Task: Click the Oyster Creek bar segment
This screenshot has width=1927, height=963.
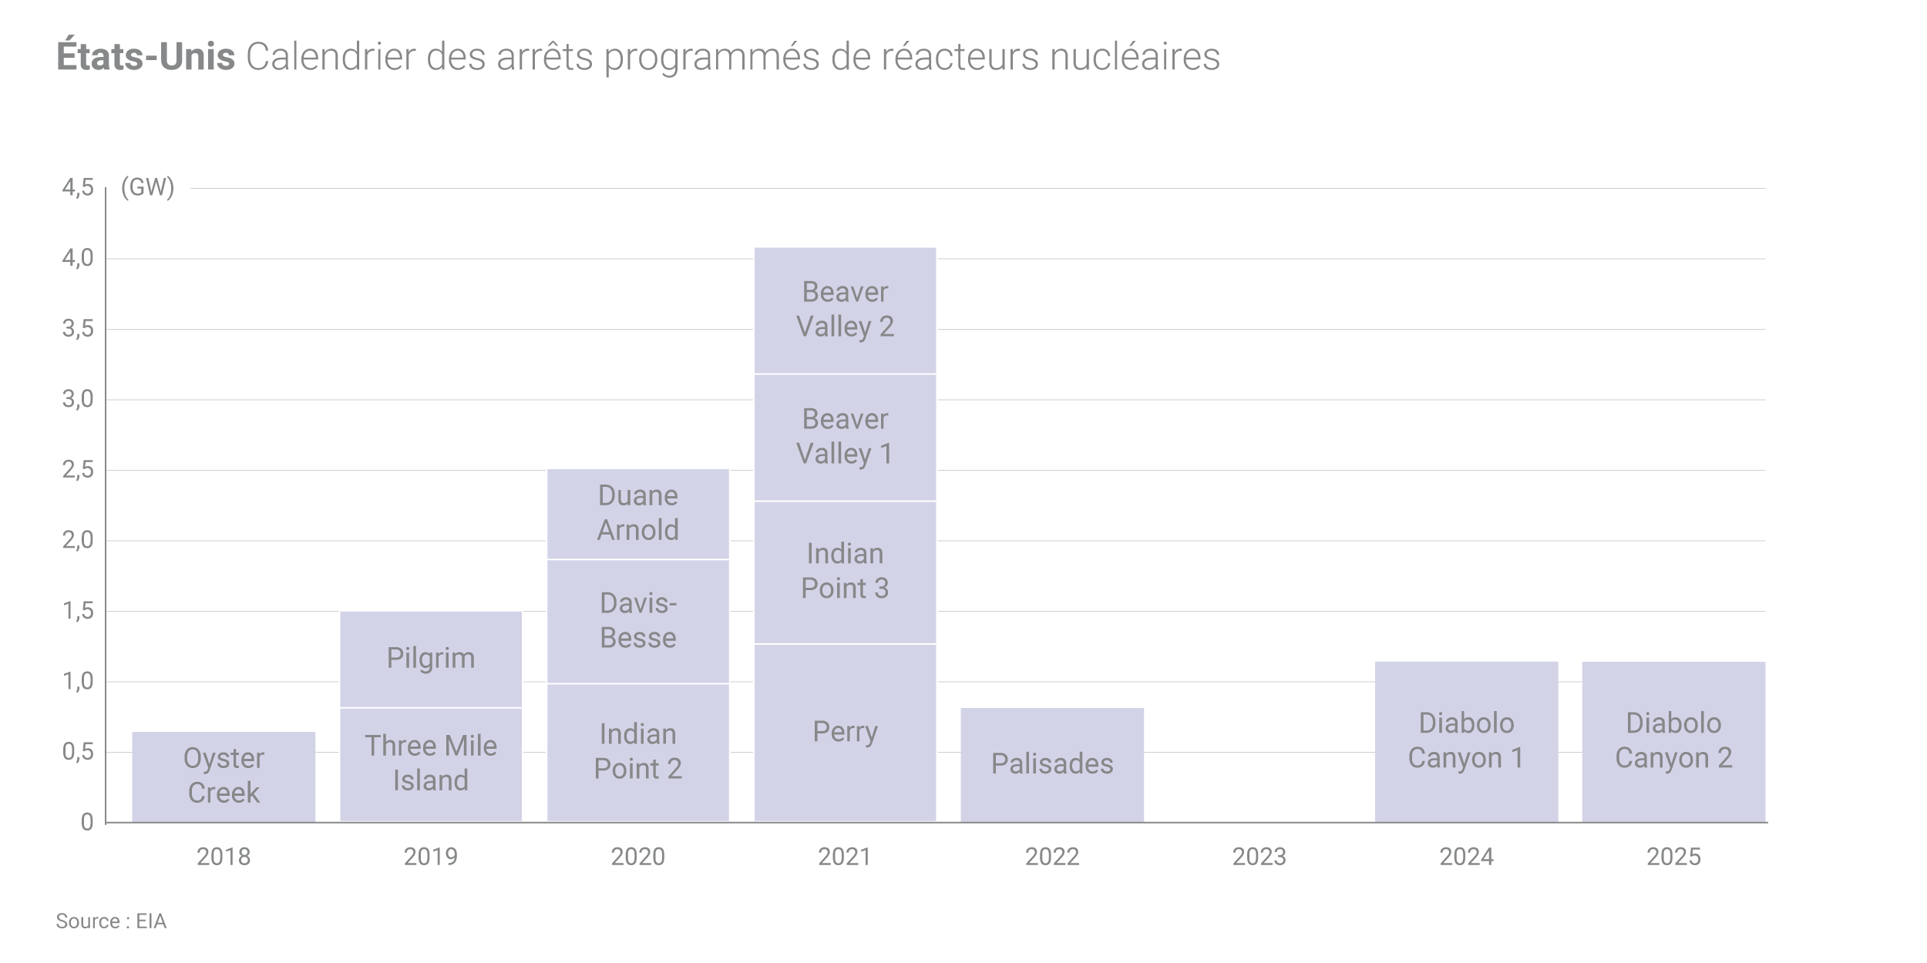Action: point(224,776)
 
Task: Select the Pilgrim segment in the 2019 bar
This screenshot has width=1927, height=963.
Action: point(431,659)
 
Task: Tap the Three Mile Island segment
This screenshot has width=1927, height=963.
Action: point(431,764)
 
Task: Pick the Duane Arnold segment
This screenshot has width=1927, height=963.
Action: point(638,513)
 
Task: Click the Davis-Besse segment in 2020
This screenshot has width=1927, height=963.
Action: point(638,621)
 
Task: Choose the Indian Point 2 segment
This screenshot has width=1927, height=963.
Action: point(638,752)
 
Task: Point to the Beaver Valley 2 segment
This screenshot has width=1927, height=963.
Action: point(845,310)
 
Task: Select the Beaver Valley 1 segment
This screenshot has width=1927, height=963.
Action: point(845,437)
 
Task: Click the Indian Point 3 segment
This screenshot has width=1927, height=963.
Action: point(845,572)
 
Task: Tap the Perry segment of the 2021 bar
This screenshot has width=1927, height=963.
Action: point(845,732)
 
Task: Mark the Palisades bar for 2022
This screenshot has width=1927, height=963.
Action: point(1052,764)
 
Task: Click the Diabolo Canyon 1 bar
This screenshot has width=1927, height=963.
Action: point(1466,741)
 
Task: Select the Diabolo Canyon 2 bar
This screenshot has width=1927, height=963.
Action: point(1673,741)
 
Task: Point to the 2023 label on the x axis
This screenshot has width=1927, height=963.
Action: point(1259,857)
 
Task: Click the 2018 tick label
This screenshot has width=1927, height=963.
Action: point(224,857)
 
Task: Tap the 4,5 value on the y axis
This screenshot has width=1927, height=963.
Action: point(78,187)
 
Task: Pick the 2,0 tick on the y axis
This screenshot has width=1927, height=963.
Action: point(78,540)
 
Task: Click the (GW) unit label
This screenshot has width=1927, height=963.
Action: point(148,187)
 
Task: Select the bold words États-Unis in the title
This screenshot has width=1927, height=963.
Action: point(146,57)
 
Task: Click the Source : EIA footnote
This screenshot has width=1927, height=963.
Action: point(111,921)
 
